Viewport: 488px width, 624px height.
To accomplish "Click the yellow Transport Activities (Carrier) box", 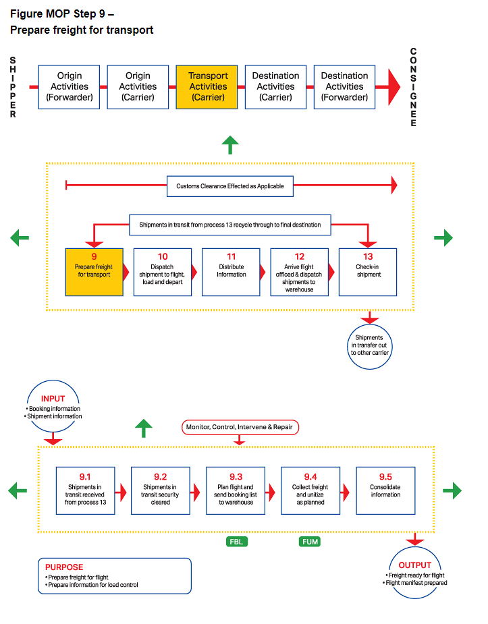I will pos(208,86).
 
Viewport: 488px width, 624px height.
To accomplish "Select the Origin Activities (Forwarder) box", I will pos(70,86).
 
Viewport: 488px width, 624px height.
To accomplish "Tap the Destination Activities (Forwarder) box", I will pos(344,86).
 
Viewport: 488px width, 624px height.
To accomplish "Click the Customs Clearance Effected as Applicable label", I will pos(230,186).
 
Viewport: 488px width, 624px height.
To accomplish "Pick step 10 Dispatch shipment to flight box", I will pos(163,272).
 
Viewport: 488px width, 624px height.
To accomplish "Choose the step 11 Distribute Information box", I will pos(231,272).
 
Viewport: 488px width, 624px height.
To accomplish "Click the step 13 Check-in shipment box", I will pos(368,272).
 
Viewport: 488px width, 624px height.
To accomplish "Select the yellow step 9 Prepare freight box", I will pos(94,272).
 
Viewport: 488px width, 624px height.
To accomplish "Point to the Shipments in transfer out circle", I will pos(370,345).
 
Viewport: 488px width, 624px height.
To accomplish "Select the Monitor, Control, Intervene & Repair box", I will pos(239,427).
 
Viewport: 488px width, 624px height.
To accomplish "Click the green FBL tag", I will pos(236,542).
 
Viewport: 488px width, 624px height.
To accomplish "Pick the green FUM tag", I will pos(309,542).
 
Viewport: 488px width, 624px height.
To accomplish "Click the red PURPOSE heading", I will pos(65,567).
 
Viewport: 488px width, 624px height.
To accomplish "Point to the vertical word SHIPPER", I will pos(13,87).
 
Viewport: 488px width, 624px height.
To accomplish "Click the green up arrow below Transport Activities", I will pos(230,144).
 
